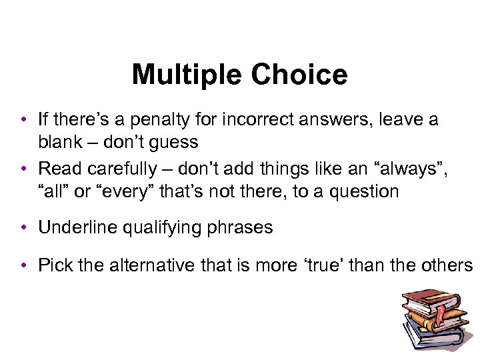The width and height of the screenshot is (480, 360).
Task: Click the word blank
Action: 59,142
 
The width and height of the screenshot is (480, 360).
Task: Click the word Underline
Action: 76,227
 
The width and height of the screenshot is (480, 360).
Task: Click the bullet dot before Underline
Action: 23,228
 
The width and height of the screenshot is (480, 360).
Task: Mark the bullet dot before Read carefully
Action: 23,170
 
